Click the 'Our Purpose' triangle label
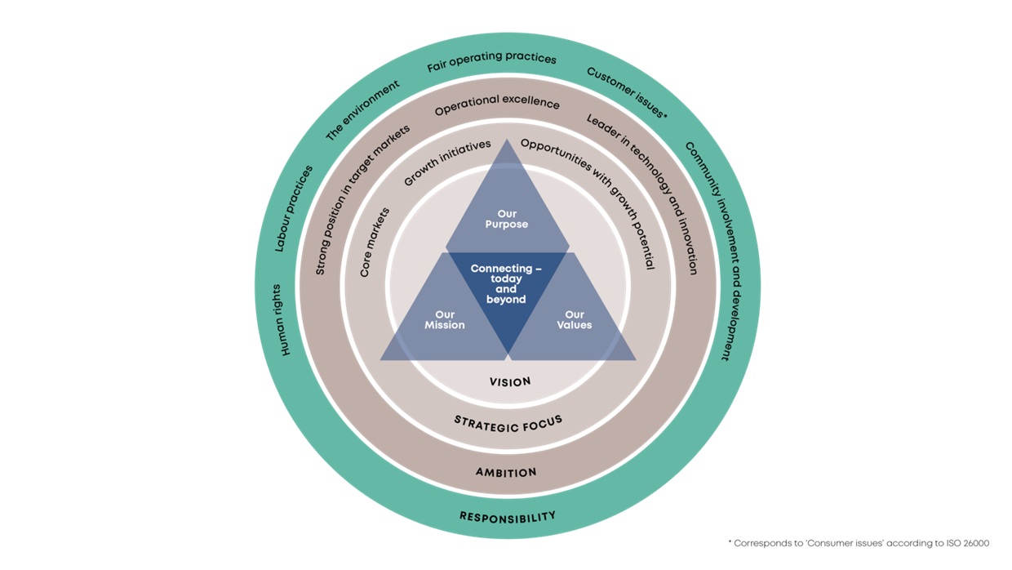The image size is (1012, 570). point(507,219)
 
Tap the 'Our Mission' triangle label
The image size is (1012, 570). point(445,319)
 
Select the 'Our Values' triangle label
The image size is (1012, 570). point(575,319)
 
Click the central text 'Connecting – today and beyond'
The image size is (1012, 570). point(507,283)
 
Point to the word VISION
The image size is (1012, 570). point(510,381)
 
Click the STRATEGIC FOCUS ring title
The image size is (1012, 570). point(508,422)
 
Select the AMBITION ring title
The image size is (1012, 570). point(506,472)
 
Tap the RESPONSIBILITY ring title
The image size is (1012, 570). point(507,516)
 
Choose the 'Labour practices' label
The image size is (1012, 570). point(295,207)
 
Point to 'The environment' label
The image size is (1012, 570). point(362,110)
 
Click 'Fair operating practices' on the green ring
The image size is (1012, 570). point(492,61)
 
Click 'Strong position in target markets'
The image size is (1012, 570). point(360,196)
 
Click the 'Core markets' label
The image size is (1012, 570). point(375,243)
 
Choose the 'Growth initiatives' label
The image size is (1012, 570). point(446,162)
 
